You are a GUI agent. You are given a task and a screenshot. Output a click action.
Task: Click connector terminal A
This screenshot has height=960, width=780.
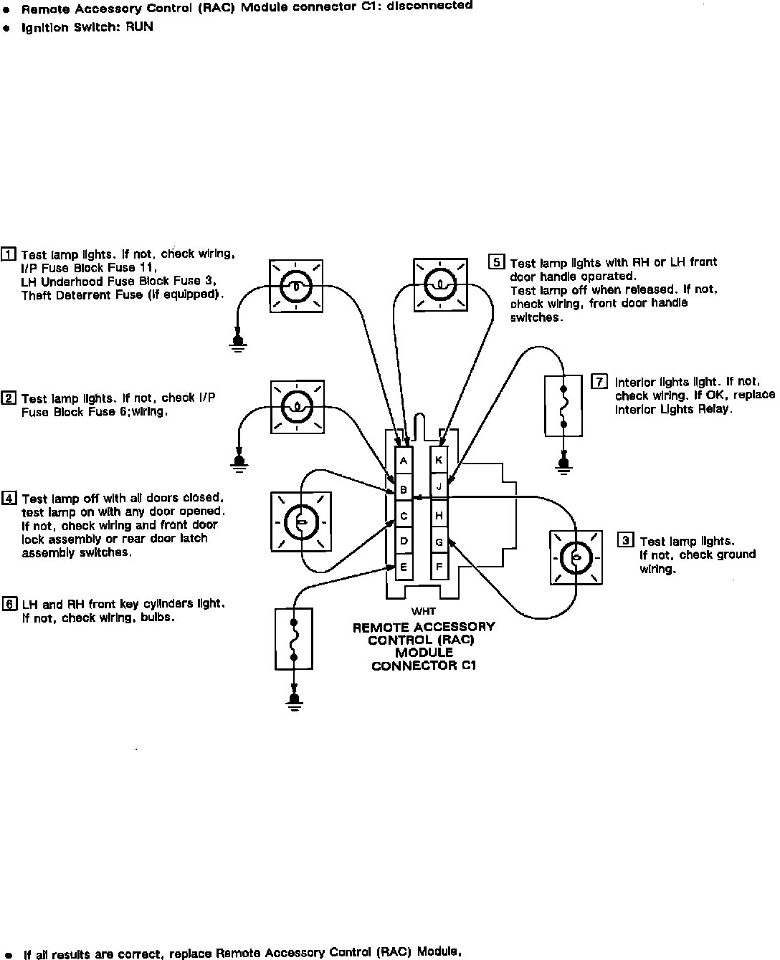(x=404, y=461)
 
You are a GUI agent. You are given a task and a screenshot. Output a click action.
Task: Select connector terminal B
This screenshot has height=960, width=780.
(x=404, y=490)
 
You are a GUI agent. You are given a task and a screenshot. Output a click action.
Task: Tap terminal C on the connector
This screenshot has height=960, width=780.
(x=404, y=516)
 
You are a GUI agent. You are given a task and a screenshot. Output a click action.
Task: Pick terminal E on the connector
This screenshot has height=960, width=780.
(x=404, y=567)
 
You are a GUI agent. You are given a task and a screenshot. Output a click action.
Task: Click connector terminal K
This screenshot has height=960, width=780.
(x=439, y=460)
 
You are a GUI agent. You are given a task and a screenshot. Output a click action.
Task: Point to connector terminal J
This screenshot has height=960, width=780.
(x=439, y=486)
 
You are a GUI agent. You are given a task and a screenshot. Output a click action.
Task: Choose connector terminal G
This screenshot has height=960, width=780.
(x=439, y=542)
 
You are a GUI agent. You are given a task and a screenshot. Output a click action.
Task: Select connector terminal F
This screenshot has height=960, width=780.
(x=439, y=567)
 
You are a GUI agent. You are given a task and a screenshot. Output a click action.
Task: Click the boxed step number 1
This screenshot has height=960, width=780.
(x=9, y=254)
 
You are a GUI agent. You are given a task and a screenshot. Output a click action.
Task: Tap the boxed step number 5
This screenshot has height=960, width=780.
(x=496, y=262)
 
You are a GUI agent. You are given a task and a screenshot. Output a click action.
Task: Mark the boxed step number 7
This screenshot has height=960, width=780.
(x=599, y=381)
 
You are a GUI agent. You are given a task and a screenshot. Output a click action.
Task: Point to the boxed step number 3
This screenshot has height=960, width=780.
(x=626, y=540)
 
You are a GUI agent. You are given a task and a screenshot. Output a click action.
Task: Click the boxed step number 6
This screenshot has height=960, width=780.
(x=9, y=603)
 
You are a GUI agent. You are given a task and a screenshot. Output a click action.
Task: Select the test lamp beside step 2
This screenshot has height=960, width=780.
(x=298, y=407)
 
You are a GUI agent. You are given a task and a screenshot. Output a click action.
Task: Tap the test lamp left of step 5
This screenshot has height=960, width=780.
(x=439, y=284)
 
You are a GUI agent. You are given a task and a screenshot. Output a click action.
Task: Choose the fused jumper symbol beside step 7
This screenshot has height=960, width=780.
(x=563, y=406)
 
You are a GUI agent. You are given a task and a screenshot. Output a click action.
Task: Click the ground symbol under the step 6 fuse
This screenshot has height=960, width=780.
(x=293, y=700)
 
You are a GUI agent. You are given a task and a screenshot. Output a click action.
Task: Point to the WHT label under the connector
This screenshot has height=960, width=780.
(x=423, y=611)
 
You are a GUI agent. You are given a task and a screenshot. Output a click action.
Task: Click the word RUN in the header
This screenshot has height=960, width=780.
(x=139, y=27)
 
